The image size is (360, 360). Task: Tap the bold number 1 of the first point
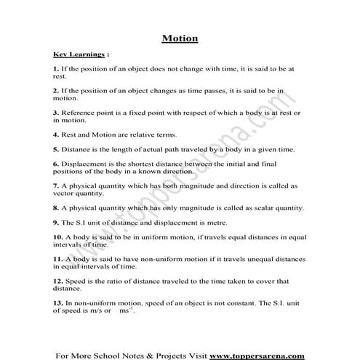pos(55,69)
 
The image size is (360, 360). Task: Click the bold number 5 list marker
pos(55,149)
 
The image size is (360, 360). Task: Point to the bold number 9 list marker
pos(55,222)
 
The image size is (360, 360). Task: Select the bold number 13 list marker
pos(57,302)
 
